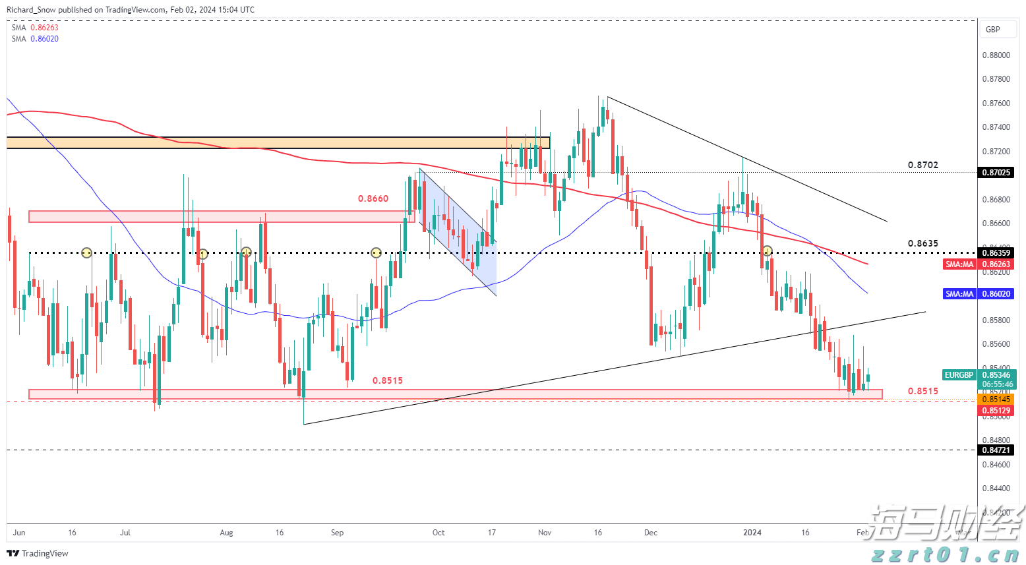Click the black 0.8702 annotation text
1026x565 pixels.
(922, 165)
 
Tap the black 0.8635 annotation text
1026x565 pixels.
(922, 243)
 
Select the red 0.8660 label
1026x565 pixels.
(373, 198)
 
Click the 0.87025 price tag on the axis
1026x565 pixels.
(996, 173)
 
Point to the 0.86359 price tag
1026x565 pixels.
(996, 253)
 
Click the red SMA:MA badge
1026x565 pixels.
(959, 264)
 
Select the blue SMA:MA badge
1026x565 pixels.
(959, 294)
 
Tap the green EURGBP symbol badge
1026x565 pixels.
(959, 375)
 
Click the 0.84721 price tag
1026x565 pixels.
(996, 450)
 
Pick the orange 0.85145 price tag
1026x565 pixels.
(996, 400)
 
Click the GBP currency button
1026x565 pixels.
(992, 29)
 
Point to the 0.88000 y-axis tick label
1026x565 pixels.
(996, 55)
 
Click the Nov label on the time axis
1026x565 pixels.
(545, 533)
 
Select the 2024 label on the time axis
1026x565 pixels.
(752, 533)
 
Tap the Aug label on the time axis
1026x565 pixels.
(226, 533)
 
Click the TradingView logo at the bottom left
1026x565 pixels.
(38, 553)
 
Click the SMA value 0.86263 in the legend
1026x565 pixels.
(44, 28)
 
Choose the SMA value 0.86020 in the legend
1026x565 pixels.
(44, 39)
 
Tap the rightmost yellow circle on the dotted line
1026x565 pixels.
(768, 251)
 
